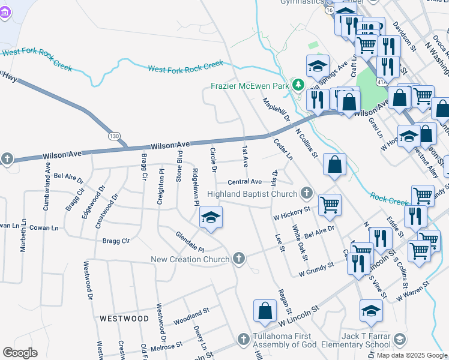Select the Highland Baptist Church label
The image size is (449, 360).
pyautogui.click(x=252, y=194)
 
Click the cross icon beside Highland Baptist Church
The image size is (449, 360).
pyautogui.click(x=307, y=193)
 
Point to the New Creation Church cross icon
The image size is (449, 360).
pyautogui.click(x=240, y=259)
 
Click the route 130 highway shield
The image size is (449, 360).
pyautogui.click(x=113, y=136)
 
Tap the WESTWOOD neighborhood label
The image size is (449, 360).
pyautogui.click(x=124, y=318)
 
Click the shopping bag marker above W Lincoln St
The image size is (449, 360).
pyautogui.click(x=265, y=311)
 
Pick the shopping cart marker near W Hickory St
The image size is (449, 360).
pyautogui.click(x=330, y=205)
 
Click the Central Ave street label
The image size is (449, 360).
pyautogui.click(x=244, y=182)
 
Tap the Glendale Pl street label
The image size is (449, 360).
pyautogui.click(x=190, y=242)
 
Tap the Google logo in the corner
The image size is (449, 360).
pyautogui.click(x=20, y=353)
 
